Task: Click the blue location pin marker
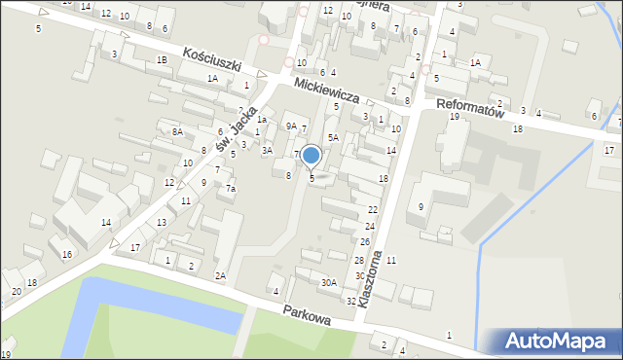click(x=311, y=155)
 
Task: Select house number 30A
click(x=329, y=282)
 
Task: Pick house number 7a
click(x=231, y=188)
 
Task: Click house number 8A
click(x=177, y=131)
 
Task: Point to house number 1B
click(x=162, y=60)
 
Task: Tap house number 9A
click(x=290, y=126)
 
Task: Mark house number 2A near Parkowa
click(x=220, y=275)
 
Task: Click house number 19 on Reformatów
click(x=454, y=117)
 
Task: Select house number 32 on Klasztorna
click(x=350, y=302)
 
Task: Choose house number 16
click(x=66, y=255)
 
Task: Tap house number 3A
click(x=267, y=151)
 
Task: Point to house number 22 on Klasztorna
click(x=372, y=210)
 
